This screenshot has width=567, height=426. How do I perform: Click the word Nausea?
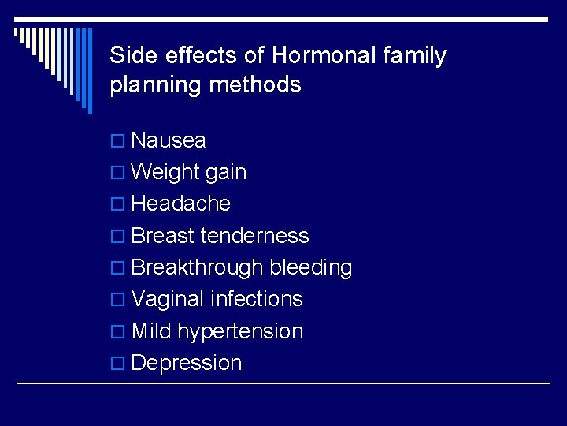(169, 140)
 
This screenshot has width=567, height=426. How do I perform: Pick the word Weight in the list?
(165, 173)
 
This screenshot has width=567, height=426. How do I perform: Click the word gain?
(226, 173)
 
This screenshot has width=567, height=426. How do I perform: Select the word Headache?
(181, 204)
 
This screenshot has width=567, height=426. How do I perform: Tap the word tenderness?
(255, 236)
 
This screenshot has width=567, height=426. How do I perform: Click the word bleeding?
(311, 267)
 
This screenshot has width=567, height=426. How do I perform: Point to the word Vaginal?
(167, 300)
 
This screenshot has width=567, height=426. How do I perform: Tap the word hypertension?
(240, 332)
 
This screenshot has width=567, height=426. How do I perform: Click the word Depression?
(187, 363)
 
